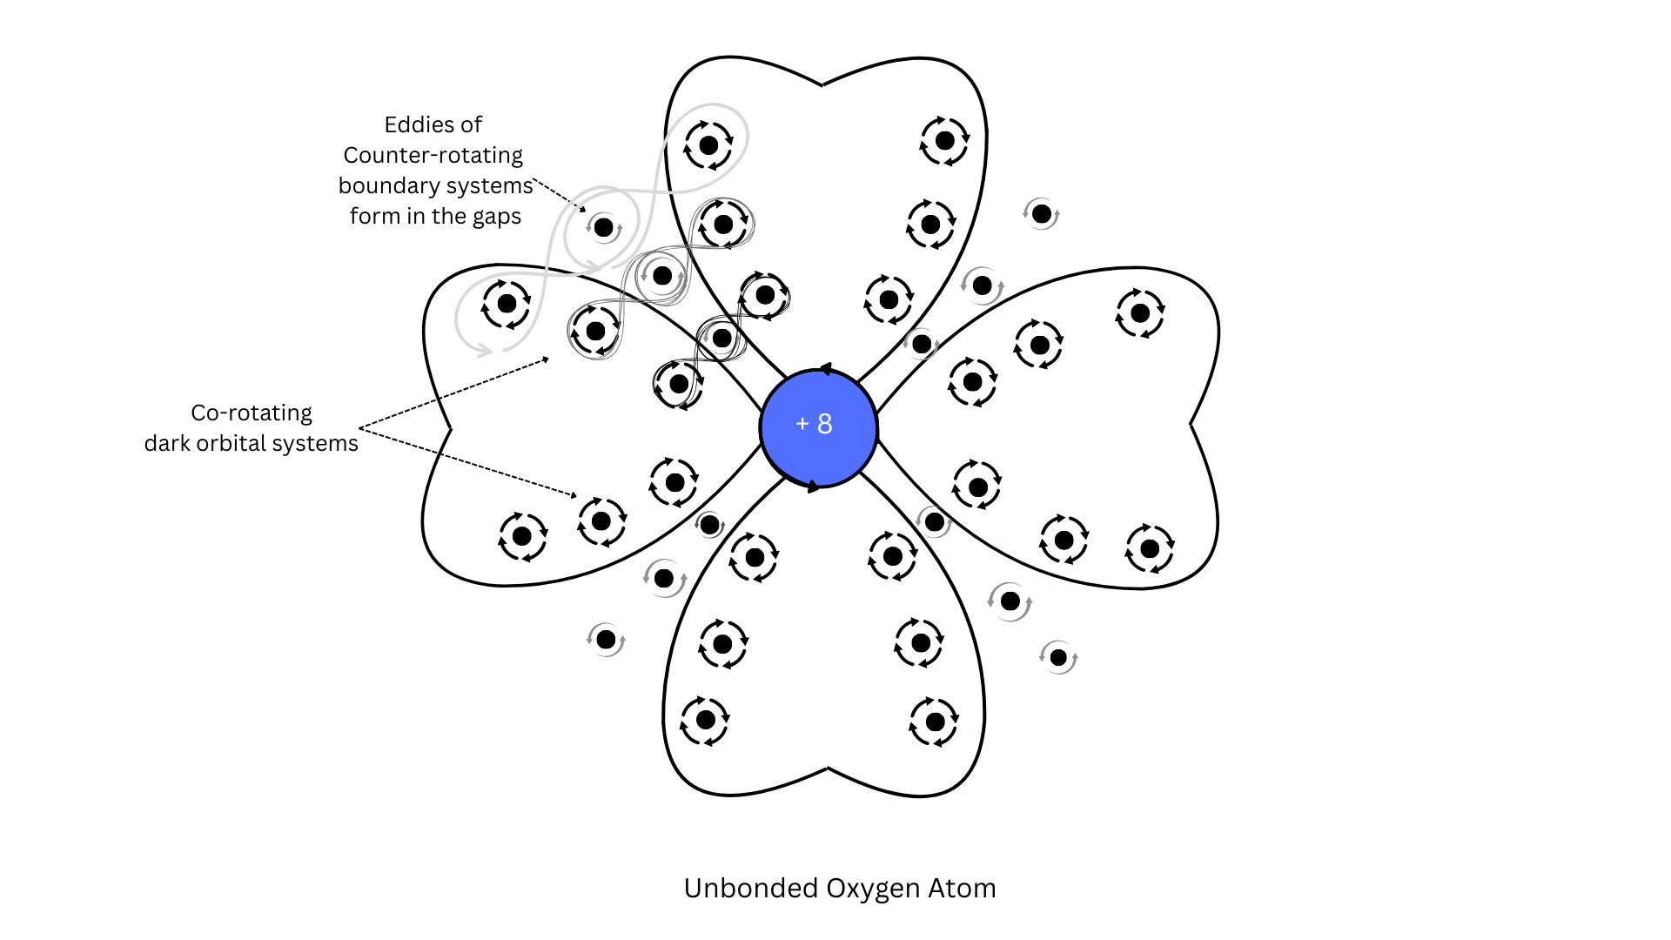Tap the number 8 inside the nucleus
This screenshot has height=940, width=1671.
click(825, 424)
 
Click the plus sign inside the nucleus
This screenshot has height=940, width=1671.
click(802, 424)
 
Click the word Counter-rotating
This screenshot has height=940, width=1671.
click(433, 155)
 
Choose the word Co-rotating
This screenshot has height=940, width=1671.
click(251, 413)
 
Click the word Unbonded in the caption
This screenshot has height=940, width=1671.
click(751, 888)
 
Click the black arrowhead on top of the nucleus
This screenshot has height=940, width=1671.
click(825, 369)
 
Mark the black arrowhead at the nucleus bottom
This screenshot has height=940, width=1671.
click(814, 487)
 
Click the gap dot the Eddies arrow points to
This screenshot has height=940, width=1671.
click(603, 228)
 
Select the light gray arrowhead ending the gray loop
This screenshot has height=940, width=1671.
click(481, 350)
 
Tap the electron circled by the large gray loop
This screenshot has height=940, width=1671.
click(708, 144)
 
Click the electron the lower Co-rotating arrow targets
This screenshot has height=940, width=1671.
click(601, 521)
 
